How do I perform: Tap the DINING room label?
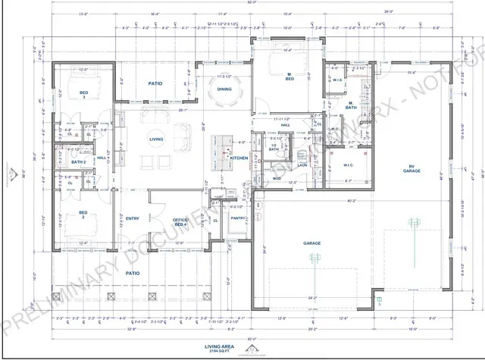click(x=224, y=89)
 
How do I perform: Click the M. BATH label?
click(x=351, y=108)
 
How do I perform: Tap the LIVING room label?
click(x=157, y=139)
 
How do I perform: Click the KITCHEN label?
click(x=239, y=158)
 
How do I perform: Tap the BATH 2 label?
click(x=78, y=162)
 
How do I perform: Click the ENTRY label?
click(x=133, y=219)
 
